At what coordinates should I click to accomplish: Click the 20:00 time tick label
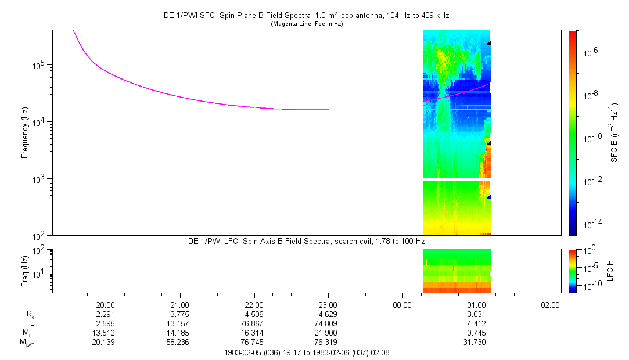tap(106, 305)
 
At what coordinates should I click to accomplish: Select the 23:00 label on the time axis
tap(328, 305)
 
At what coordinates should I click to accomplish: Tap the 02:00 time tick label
tap(551, 305)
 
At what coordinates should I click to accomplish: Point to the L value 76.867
tap(254, 323)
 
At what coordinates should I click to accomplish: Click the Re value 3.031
tap(476, 314)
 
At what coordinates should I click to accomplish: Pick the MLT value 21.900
tap(328, 333)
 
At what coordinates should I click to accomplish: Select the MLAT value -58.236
tap(177, 343)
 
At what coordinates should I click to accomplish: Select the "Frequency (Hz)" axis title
tap(25, 133)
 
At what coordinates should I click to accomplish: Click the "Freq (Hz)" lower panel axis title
tap(25, 271)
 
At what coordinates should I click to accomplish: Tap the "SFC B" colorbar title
tap(614, 133)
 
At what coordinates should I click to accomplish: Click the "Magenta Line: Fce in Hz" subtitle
tap(307, 24)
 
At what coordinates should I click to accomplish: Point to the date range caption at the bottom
tap(307, 353)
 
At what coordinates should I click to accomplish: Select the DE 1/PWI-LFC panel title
tap(307, 242)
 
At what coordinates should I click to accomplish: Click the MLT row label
tap(28, 333)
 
